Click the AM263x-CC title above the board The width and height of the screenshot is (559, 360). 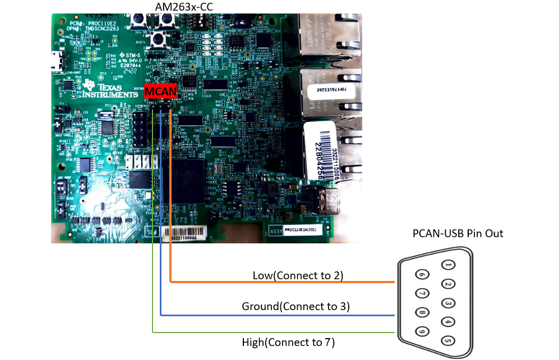pyautogui.click(x=183, y=6)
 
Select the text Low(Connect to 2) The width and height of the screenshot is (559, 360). pyautogui.click(x=298, y=275)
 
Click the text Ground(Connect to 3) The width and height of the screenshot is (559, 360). pyautogui.click(x=295, y=307)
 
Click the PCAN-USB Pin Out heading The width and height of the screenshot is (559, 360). pyautogui.click(x=458, y=233)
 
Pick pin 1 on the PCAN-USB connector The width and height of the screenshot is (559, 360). pyautogui.click(x=447, y=265)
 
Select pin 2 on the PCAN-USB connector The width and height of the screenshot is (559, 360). pyautogui.click(x=447, y=284)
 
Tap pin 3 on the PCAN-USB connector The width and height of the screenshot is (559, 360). pyautogui.click(x=447, y=303)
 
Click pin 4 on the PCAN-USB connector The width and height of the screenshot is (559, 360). pyautogui.click(x=447, y=322)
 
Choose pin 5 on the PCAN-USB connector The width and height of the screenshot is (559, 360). pyautogui.click(x=447, y=340)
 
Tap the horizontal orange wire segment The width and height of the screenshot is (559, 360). pyautogui.click(x=280, y=282)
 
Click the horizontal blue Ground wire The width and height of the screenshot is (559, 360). pyautogui.click(x=280, y=315)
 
